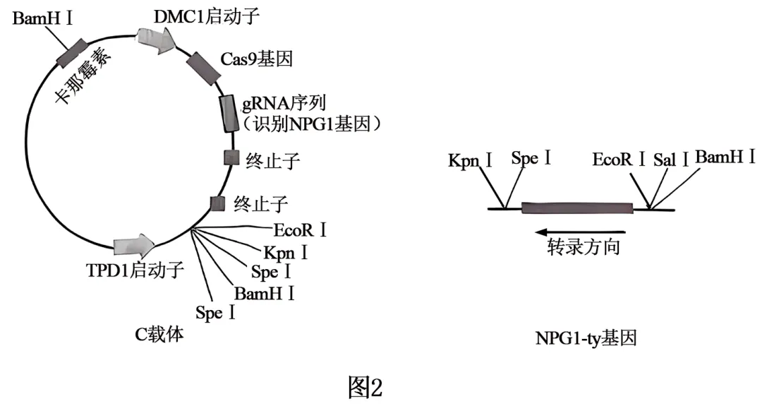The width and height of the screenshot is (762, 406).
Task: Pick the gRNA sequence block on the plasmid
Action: (229, 114)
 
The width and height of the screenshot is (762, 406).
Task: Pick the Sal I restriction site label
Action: (670, 157)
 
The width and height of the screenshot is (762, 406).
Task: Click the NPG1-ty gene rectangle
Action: (577, 208)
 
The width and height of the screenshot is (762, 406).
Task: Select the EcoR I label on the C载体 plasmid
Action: (300, 230)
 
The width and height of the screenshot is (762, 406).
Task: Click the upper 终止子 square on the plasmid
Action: (231, 158)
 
